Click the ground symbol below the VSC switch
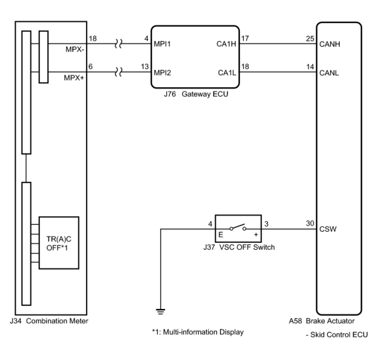point(160,311)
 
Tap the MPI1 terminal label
point(162,44)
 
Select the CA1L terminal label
point(227,73)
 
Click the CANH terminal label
point(330,44)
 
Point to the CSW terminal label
point(328,229)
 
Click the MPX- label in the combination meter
point(75,49)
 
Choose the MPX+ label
point(74,78)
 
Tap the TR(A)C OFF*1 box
point(59,243)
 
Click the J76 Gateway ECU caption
point(196,94)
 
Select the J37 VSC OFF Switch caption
point(239,247)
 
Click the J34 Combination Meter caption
point(49,321)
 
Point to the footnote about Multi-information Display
point(198,332)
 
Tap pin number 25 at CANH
point(310,39)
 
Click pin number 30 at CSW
point(310,223)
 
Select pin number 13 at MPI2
point(145,67)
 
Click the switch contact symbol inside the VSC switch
point(238,228)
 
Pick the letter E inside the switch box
point(221,235)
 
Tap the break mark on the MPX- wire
point(118,44)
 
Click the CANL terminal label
point(329,73)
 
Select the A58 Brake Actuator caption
point(322,321)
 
